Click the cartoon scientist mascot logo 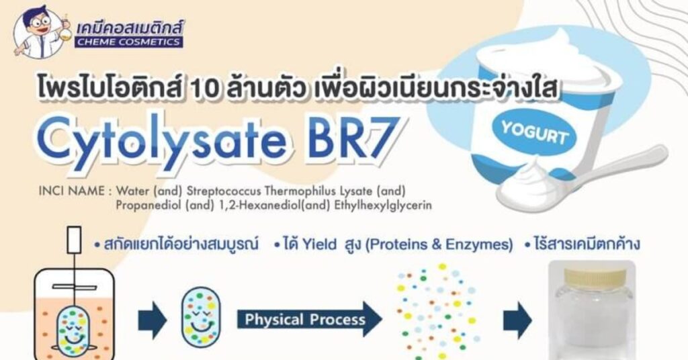coord(41,32)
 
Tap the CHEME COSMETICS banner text coord(128,42)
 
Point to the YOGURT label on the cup coord(534,132)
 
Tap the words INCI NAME coord(71,191)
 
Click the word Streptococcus coord(224,191)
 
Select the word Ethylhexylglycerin coord(382,206)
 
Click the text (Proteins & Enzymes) coord(439,244)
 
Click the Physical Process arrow coord(309,319)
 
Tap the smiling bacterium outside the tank coord(201,318)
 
